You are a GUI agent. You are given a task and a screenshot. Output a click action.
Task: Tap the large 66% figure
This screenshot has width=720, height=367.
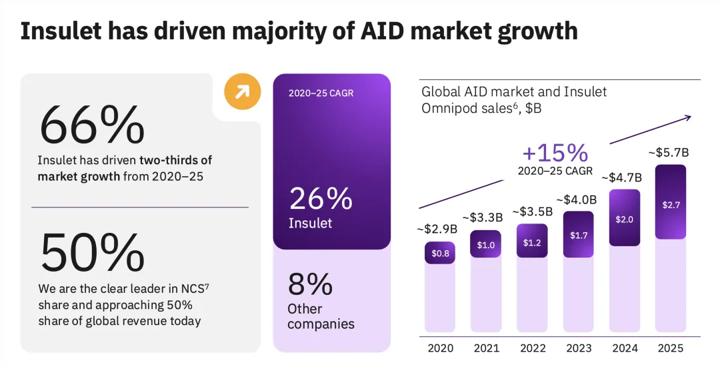[92, 125]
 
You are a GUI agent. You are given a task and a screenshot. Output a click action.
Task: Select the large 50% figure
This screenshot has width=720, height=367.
[92, 252]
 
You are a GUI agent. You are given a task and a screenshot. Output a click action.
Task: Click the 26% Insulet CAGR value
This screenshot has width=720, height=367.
[320, 200]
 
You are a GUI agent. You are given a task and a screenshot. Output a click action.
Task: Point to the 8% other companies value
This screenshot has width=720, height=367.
[311, 284]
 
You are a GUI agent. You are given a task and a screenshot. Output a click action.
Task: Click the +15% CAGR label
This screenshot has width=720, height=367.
[555, 153]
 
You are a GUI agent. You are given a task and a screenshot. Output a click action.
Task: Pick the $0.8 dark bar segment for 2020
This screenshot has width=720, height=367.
[440, 253]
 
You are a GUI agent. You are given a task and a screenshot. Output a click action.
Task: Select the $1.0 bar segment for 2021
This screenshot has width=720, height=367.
[486, 245]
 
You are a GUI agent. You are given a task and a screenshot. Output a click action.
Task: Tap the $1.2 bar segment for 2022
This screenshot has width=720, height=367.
[532, 242]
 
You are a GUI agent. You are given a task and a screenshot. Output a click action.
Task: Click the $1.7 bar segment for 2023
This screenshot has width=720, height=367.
[578, 235]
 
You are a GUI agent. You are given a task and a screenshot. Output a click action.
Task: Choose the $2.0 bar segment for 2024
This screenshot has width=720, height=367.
[625, 219]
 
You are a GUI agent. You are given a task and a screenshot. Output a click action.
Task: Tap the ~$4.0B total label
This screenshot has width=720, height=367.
[577, 199]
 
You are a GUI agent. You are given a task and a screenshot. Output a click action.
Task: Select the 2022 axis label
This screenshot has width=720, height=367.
[531, 348]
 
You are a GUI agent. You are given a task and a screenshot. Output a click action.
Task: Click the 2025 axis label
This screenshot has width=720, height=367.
[670, 348]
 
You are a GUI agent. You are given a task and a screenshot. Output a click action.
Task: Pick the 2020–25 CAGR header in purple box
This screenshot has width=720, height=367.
[321, 93]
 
